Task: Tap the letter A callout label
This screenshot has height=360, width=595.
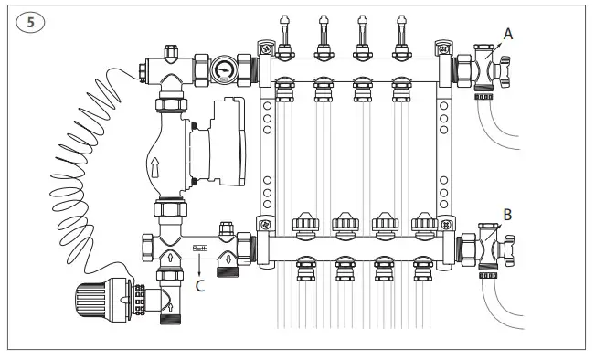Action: pyautogui.click(x=507, y=34)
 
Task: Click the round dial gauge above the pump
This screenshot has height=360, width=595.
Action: pyautogui.click(x=224, y=71)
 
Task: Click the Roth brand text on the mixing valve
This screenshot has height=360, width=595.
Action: pyautogui.click(x=200, y=246)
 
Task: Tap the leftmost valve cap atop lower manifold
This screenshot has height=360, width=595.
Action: pyautogui.click(x=303, y=225)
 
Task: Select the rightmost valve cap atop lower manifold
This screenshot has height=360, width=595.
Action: pyautogui.click(x=422, y=225)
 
